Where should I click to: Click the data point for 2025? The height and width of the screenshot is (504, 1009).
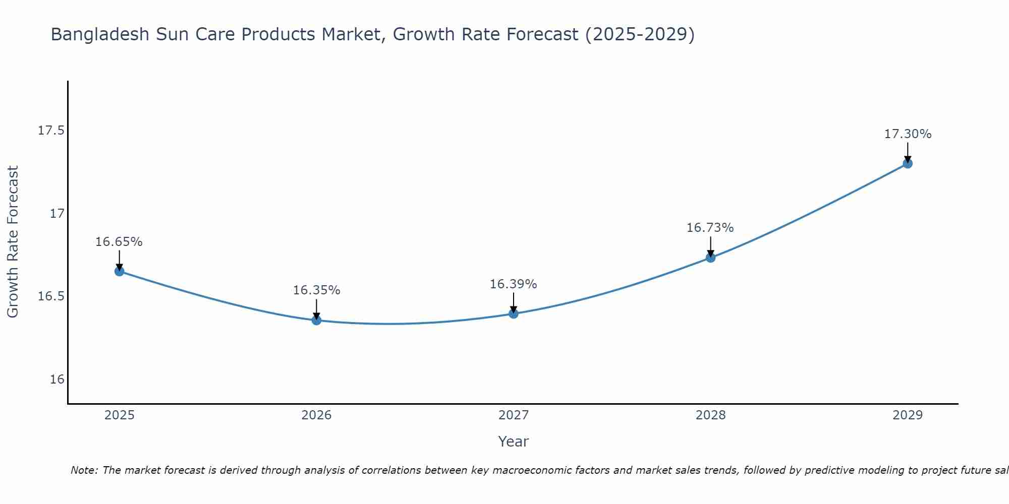[x=119, y=271]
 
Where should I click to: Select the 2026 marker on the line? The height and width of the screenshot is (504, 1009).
[x=316, y=320]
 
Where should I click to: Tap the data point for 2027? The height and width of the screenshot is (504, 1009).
[x=514, y=313]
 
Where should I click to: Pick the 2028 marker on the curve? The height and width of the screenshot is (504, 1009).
[x=710, y=258]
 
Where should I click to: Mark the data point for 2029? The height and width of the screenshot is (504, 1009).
[x=908, y=163]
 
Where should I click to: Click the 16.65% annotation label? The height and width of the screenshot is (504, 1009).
[x=119, y=242]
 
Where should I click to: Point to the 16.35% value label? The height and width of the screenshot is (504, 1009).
[x=316, y=290]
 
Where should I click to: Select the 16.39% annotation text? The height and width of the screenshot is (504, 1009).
[x=514, y=284]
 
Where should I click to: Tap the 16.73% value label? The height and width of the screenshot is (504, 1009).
[x=710, y=228]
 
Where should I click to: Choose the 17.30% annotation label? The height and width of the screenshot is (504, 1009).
[x=908, y=134]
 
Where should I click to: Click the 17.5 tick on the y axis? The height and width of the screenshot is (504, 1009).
[x=51, y=131]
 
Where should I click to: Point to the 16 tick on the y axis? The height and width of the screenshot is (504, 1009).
[x=57, y=379]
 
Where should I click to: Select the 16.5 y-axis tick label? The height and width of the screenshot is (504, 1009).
[x=51, y=296]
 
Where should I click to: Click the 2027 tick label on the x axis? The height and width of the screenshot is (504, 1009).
[x=514, y=415]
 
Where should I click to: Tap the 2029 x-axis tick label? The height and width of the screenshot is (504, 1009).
[x=908, y=415]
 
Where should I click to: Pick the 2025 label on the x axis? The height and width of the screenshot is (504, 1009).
[x=119, y=415]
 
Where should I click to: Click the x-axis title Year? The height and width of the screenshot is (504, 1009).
[x=514, y=442]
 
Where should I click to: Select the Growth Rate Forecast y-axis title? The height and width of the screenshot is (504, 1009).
[x=13, y=242]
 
